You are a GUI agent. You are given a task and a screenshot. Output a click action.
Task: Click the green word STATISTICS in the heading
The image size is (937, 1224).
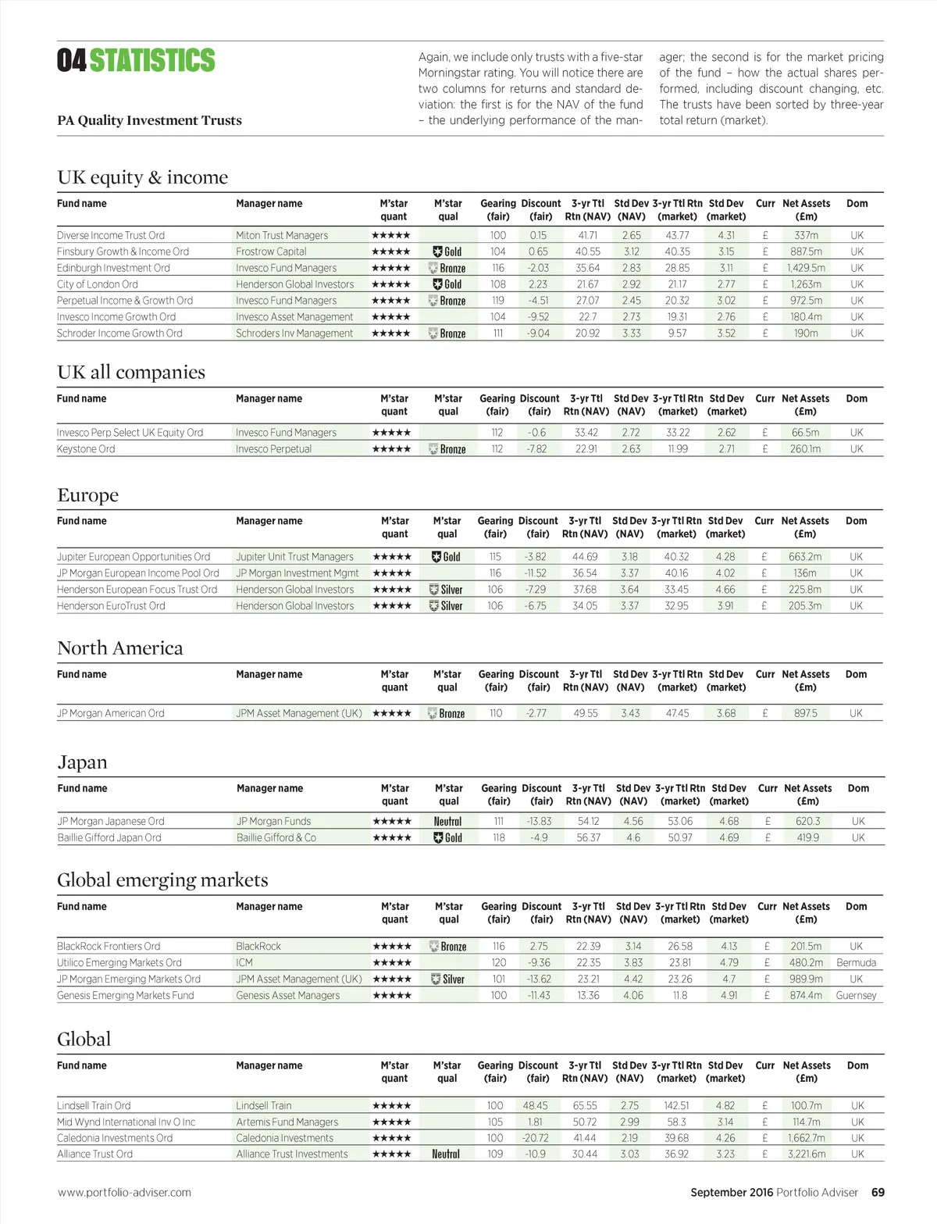pyautogui.click(x=152, y=61)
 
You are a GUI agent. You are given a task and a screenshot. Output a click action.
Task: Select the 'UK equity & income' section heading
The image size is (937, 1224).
pyautogui.click(x=142, y=177)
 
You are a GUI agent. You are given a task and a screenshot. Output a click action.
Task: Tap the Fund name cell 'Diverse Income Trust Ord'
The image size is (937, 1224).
pyautogui.click(x=111, y=235)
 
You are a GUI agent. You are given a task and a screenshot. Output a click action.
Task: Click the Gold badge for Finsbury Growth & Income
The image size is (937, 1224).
pyautogui.click(x=447, y=252)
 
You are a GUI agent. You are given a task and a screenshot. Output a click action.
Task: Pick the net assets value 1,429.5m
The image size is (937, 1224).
pyautogui.click(x=806, y=268)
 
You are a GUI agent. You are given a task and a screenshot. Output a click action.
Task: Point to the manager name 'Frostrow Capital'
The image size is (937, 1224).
pyautogui.click(x=271, y=252)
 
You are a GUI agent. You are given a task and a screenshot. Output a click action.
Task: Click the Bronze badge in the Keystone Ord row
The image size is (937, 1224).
pyautogui.click(x=447, y=449)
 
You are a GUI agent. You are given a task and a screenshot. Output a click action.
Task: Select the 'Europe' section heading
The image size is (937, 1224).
pyautogui.click(x=87, y=495)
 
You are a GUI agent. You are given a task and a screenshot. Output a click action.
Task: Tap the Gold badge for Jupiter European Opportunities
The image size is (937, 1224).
pyautogui.click(x=447, y=557)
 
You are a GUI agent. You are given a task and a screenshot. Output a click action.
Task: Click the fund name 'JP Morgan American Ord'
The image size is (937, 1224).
pyautogui.click(x=111, y=713)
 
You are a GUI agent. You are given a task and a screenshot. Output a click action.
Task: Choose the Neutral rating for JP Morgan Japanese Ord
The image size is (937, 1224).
pyautogui.click(x=447, y=822)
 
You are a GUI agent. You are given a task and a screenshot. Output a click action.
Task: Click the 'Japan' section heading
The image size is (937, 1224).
pyautogui.click(x=82, y=762)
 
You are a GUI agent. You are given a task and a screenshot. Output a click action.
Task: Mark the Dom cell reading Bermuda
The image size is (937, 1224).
pyautogui.click(x=856, y=963)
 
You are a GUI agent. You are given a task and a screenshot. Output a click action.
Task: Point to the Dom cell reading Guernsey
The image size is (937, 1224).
pyautogui.click(x=856, y=996)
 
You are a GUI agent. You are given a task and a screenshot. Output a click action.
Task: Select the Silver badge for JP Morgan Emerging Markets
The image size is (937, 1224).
pyautogui.click(x=447, y=980)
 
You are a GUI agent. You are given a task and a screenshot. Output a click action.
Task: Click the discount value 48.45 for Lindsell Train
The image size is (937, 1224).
pyautogui.click(x=535, y=1106)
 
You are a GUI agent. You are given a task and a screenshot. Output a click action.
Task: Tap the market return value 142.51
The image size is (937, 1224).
pyautogui.click(x=676, y=1106)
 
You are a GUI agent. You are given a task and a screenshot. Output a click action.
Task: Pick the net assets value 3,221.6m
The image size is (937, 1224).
pyautogui.click(x=807, y=1154)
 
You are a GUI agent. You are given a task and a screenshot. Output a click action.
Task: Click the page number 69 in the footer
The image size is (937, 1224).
pyautogui.click(x=878, y=1193)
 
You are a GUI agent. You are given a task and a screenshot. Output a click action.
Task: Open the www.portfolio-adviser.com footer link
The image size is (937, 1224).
pyautogui.click(x=124, y=1193)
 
